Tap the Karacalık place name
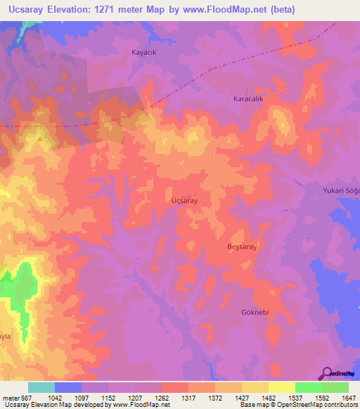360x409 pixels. point(248,100)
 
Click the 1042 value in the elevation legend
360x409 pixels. point(54,398)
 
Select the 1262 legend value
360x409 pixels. point(161,398)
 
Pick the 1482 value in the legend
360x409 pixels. point(268,398)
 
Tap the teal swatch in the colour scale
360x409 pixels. point(41,387)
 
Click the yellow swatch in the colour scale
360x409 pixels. point(281,387)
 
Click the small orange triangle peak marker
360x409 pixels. point(40,138)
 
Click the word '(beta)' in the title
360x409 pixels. point(281,9)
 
